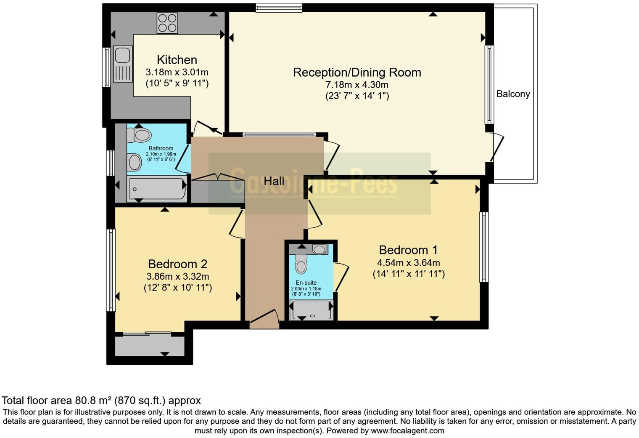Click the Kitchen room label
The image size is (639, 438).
[x=177, y=60]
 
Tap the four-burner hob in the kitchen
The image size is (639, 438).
[x=167, y=23]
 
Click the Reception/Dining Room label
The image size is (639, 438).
[x=356, y=72]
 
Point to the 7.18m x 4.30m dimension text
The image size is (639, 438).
[x=356, y=85]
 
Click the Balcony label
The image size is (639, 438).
[x=513, y=94]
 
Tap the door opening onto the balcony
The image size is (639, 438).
[x=497, y=147]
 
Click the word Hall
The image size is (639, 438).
[x=274, y=182]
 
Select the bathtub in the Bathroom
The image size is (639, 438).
[x=158, y=189]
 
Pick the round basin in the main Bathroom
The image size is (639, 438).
[x=135, y=162]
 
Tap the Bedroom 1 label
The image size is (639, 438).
[x=408, y=250]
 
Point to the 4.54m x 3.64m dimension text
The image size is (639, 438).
[x=408, y=263]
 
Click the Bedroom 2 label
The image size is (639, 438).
[x=177, y=264]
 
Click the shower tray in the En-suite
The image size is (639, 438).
[x=311, y=310]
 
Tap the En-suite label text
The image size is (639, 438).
[x=306, y=283]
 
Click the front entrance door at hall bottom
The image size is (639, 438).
[x=264, y=319]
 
